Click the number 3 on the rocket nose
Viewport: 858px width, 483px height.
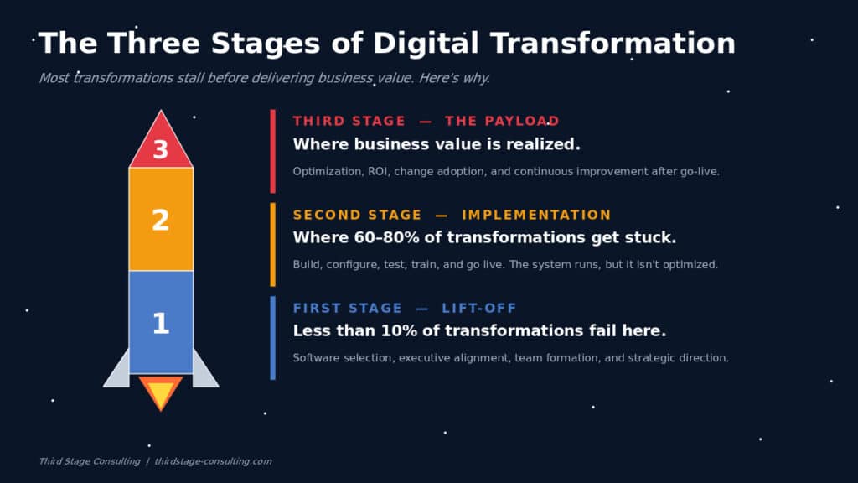tap(160, 149)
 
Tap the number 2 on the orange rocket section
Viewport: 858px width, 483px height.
tap(160, 221)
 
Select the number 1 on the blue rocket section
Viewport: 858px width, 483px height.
tap(160, 323)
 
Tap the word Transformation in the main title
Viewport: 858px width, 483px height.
tap(612, 43)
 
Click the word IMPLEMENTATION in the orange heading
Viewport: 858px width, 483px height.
tap(536, 215)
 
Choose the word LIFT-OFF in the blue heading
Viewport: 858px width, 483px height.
tap(479, 309)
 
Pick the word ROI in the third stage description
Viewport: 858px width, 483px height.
tap(378, 171)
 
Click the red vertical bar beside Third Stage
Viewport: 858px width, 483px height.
tap(272, 151)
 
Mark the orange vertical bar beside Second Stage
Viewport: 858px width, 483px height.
tap(272, 245)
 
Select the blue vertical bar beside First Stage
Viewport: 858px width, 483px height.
tap(272, 338)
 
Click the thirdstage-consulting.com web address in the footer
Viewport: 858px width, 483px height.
tap(213, 461)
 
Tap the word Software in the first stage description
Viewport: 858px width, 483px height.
tap(316, 358)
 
